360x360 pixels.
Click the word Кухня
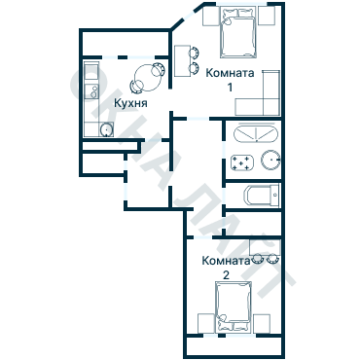pyautogui.click(x=130, y=103)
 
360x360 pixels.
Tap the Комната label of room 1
pyautogui.click(x=230, y=73)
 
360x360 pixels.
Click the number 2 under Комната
pyautogui.click(x=226, y=275)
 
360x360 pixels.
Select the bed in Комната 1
pyautogui.click(x=238, y=32)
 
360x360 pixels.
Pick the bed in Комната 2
pyautogui.click(x=234, y=307)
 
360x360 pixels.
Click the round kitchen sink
pyautogui.click(x=106, y=130)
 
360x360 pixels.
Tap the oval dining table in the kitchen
pyautogui.click(x=146, y=78)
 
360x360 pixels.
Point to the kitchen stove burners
pyautogui.click(x=91, y=91)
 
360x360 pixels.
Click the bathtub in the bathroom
pyautogui.click(x=256, y=132)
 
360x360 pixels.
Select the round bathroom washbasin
pyautogui.click(x=270, y=160)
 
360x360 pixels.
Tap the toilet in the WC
pyautogui.click(x=262, y=196)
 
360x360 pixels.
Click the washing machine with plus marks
pyautogui.click(x=241, y=162)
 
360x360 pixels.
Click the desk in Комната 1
pyautogui.click(x=182, y=60)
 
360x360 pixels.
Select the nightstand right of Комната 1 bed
pyautogui.click(x=267, y=16)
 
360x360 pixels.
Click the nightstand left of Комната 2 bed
pyautogui.click(x=206, y=324)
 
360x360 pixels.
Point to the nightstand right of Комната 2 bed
pyautogui.click(x=262, y=324)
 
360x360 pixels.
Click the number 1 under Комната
pyautogui.click(x=230, y=87)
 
